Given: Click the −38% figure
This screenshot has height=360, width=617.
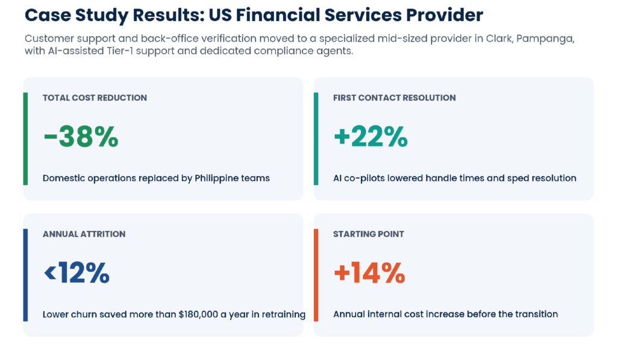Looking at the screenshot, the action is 81,136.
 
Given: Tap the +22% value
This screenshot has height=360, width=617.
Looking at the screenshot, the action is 371,136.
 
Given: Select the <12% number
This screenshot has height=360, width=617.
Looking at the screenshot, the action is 77,273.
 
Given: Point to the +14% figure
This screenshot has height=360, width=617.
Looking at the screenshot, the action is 369,273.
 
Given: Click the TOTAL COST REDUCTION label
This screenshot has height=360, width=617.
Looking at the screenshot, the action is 95,98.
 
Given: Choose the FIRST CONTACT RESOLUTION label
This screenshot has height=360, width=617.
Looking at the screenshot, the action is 394,98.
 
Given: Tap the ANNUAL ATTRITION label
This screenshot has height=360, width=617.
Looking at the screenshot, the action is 84,234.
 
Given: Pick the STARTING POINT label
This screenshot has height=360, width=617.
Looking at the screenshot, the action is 368,234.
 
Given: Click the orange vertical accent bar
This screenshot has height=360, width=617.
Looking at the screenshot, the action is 316,275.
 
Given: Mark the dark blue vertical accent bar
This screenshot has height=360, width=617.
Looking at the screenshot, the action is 25,275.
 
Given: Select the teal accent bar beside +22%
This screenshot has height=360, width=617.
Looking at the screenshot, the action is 316,139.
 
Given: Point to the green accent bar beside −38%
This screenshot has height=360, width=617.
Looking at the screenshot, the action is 25,139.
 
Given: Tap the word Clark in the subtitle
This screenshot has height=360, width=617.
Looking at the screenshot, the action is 499,39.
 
